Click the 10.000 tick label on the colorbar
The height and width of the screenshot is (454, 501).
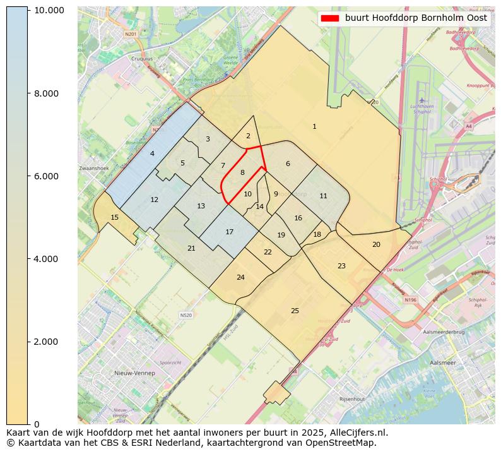point(49,11)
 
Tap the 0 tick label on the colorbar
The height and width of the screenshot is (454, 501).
point(37,424)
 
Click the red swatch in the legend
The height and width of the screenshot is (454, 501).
point(329,18)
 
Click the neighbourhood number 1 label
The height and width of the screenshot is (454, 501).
point(314,127)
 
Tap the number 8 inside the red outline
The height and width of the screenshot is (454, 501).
point(242,172)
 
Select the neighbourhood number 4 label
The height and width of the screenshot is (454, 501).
point(152,154)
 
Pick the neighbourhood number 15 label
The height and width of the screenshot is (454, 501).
point(114,218)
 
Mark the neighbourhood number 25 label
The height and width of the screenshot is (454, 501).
point(295,311)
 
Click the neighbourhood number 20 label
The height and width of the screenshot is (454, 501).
point(376,244)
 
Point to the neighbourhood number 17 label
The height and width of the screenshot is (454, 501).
point(230,232)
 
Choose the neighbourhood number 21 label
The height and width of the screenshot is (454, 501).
point(191,249)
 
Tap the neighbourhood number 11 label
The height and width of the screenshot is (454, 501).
point(323,196)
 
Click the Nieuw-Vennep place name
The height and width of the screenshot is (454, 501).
point(134,373)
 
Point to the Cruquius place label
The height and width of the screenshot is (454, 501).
point(141,58)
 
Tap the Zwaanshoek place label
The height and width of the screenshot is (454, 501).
point(94,169)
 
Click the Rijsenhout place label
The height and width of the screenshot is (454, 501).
point(352,399)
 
